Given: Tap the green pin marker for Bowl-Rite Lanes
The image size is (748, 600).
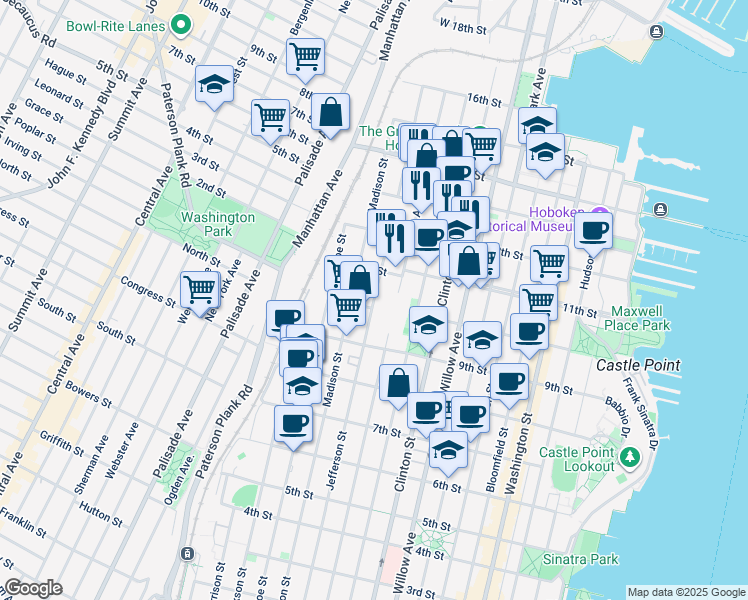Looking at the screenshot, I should click(x=181, y=23).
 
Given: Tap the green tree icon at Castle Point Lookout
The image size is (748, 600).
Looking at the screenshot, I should click(x=629, y=458).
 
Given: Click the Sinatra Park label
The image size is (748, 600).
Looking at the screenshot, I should click(x=600, y=556).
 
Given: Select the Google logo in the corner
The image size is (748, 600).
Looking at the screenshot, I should click(x=32, y=588).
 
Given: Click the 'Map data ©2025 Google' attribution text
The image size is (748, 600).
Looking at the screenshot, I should click(x=685, y=593).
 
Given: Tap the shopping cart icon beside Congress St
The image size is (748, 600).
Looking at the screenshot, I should click(x=200, y=288).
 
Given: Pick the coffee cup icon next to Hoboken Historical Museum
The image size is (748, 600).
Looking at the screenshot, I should click(x=594, y=231).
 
